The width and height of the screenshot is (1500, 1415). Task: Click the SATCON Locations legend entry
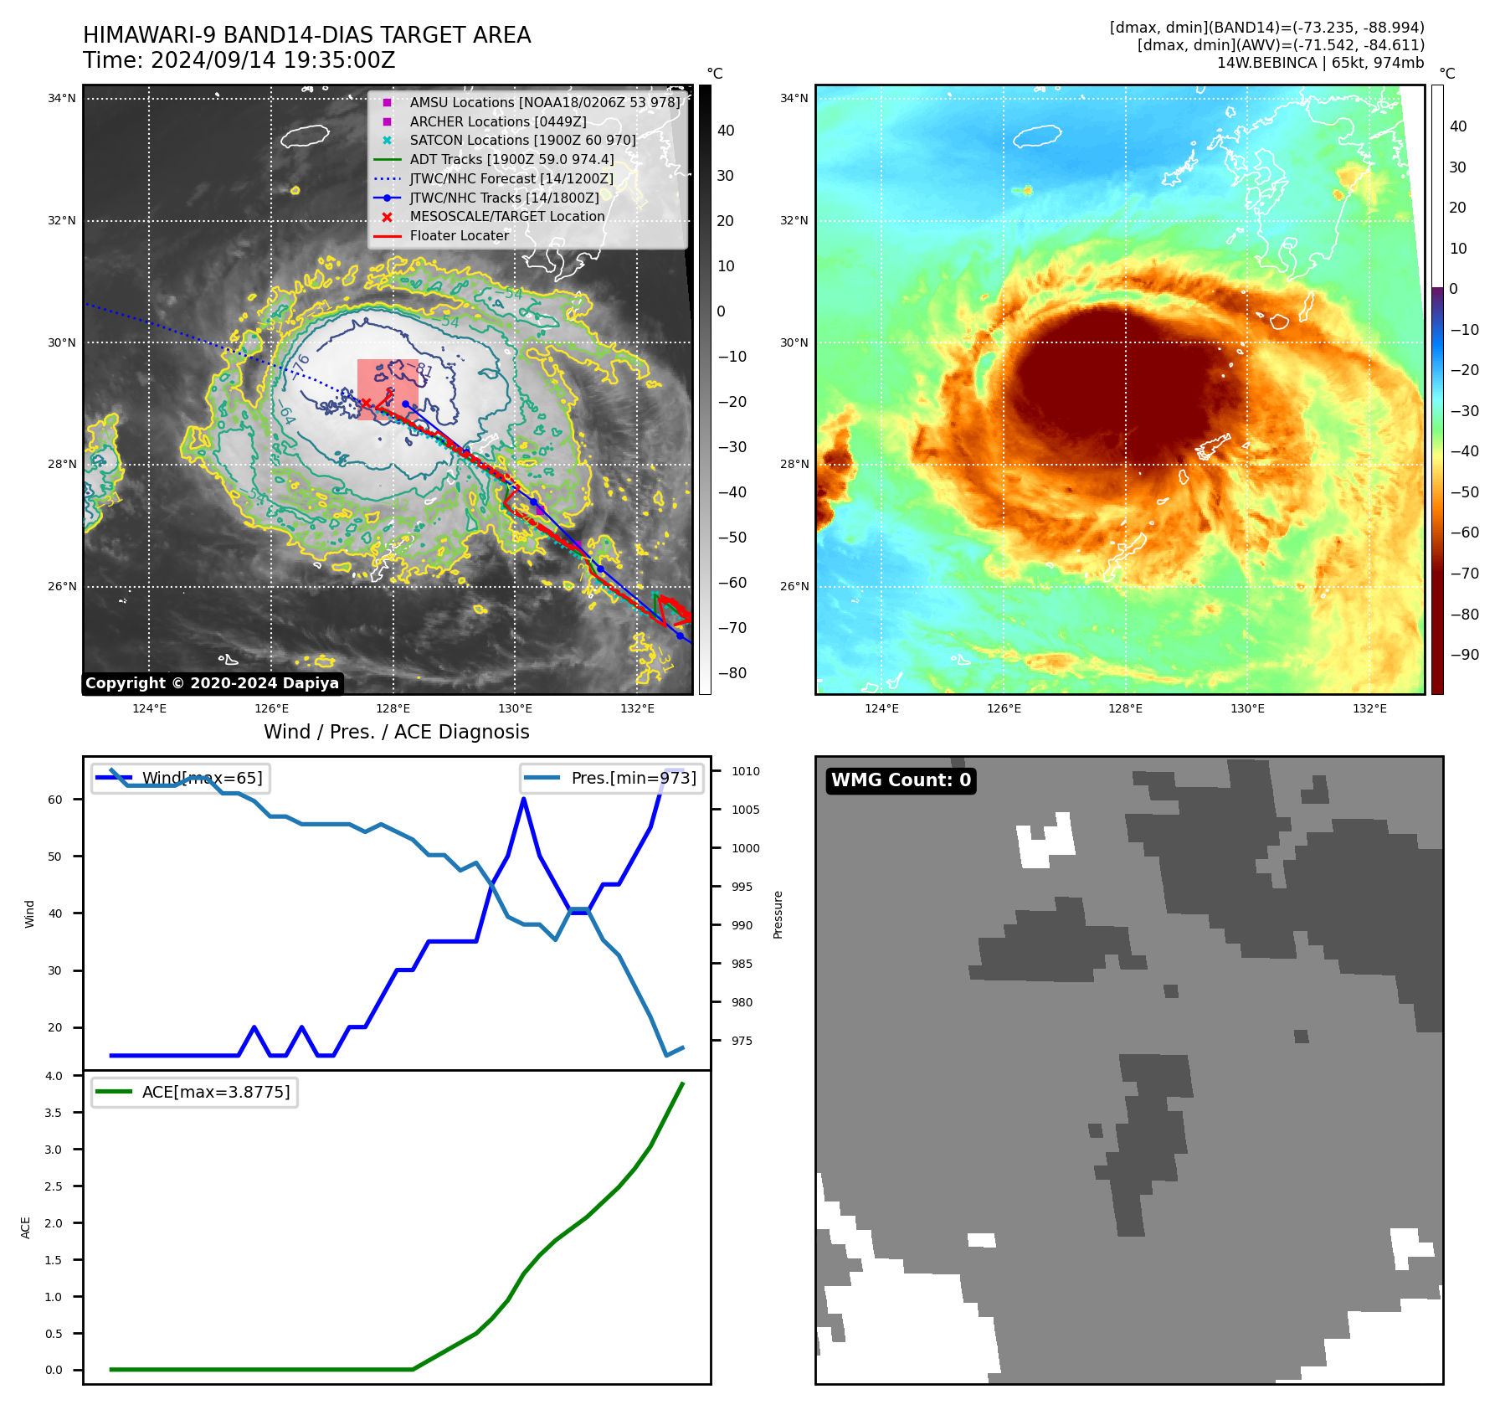(522, 141)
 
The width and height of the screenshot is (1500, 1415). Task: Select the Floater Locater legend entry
(459, 236)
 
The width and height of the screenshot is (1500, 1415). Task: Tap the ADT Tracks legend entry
(511, 160)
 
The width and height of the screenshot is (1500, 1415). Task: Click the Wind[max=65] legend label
(202, 779)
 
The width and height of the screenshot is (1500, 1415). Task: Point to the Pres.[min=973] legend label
(634, 779)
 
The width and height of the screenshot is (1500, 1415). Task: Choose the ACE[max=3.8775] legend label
(216, 1093)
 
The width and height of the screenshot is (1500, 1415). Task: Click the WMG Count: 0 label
(901, 780)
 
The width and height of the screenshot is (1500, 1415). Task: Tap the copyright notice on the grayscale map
(213, 683)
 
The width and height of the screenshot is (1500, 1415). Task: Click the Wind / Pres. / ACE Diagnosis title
(397, 733)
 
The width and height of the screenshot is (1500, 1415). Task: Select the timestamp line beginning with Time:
(239, 61)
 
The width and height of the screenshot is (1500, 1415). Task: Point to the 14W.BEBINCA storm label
(1320, 63)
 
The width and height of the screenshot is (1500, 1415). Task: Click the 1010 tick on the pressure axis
(746, 772)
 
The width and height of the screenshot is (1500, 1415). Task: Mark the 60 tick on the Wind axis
(55, 800)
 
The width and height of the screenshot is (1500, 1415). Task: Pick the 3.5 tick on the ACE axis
(54, 1114)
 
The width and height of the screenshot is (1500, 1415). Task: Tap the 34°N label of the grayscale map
(61, 99)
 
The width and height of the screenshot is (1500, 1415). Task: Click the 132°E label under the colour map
(1369, 709)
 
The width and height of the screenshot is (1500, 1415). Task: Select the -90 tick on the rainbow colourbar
(1464, 655)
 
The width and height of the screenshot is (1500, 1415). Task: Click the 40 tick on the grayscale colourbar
(726, 131)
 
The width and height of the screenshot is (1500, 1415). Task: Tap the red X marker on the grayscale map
(366, 404)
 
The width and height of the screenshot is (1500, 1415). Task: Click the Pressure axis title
(778, 914)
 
